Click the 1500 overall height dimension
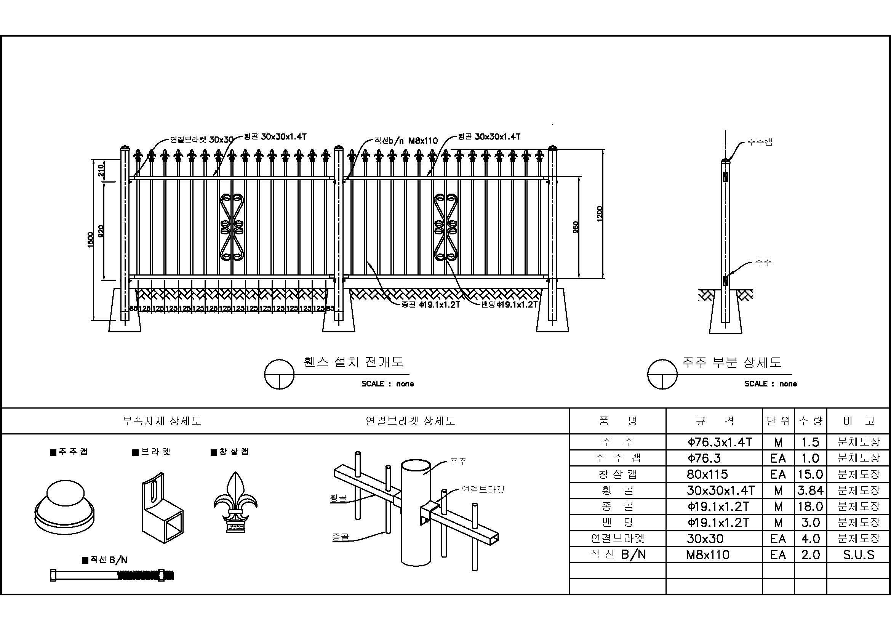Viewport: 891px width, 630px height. point(90,240)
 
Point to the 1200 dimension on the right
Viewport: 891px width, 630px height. point(600,214)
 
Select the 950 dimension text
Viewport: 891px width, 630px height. point(576,227)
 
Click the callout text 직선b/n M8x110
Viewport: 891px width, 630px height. point(406,141)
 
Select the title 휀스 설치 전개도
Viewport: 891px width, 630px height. point(354,362)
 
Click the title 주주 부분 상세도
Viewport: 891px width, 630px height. point(731,362)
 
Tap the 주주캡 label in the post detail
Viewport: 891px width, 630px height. point(760,142)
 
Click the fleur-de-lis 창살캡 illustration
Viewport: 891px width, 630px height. point(235,502)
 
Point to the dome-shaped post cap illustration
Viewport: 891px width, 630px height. point(64,507)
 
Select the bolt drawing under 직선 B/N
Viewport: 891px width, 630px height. point(112,575)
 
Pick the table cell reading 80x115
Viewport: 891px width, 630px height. point(707,475)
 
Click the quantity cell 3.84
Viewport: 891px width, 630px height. point(810,490)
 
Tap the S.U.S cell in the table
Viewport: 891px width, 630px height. point(858,555)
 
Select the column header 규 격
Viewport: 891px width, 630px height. point(714,421)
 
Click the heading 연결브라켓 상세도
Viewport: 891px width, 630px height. point(410,421)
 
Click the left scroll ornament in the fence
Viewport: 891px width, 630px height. point(232,227)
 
